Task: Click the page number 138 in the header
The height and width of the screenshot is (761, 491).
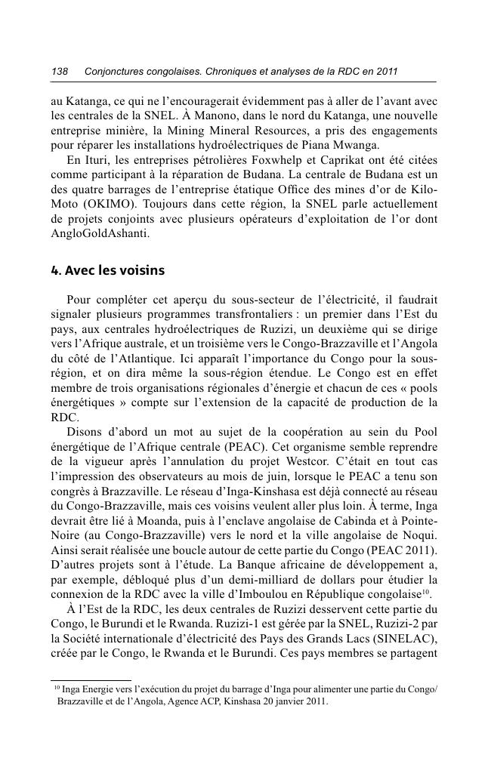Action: (59, 72)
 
